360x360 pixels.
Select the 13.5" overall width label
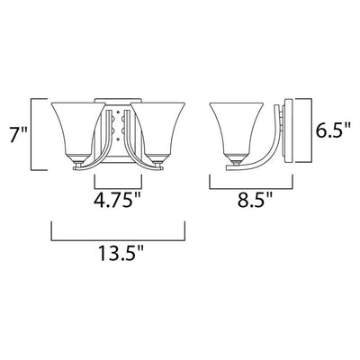click(x=119, y=253)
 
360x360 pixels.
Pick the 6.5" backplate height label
click(x=333, y=130)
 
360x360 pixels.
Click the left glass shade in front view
click(x=78, y=129)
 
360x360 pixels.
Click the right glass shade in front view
click(x=158, y=129)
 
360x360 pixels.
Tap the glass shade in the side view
click(x=237, y=129)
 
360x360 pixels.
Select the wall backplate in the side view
click(x=287, y=130)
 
